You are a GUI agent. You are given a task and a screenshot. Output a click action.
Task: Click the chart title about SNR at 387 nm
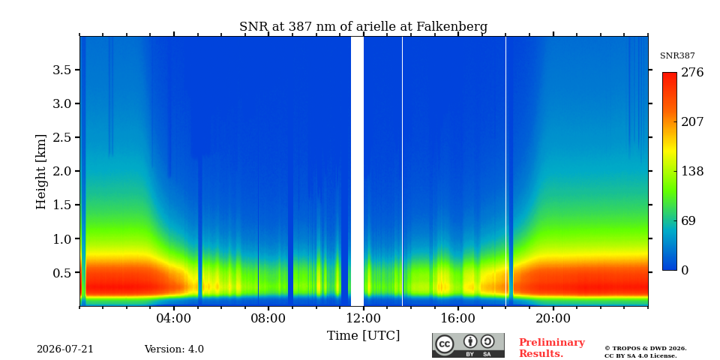(363, 27)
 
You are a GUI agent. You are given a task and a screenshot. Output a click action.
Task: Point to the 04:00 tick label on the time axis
(174, 318)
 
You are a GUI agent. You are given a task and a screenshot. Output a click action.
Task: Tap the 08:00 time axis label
(268, 318)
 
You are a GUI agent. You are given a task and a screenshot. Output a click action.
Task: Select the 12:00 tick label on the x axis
(364, 318)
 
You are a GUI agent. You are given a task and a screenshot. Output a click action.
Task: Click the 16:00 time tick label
(458, 318)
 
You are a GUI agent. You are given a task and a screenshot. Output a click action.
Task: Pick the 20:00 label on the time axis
(553, 318)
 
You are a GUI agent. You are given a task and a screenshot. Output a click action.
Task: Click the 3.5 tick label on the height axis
(63, 70)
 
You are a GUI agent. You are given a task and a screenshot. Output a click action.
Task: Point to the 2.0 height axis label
(63, 171)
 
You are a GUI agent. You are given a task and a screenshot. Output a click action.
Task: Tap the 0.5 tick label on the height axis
(63, 273)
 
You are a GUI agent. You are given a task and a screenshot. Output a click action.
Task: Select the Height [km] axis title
(41, 172)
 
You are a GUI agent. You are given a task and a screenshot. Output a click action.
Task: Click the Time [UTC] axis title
(363, 336)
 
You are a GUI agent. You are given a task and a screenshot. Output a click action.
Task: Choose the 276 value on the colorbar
(692, 73)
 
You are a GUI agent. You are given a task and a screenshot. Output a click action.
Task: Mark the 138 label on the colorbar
(692, 171)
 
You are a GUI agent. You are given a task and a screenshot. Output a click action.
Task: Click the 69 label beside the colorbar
(688, 220)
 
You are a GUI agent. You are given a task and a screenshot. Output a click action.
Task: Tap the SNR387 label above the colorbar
(677, 56)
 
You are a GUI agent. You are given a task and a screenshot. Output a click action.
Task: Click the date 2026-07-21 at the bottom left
(65, 349)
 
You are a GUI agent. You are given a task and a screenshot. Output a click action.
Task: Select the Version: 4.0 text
(174, 349)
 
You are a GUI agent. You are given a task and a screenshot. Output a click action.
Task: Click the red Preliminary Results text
(552, 348)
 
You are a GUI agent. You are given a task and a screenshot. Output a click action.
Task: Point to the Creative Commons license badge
(468, 345)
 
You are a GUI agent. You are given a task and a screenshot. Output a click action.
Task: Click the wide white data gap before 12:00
(357, 171)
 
